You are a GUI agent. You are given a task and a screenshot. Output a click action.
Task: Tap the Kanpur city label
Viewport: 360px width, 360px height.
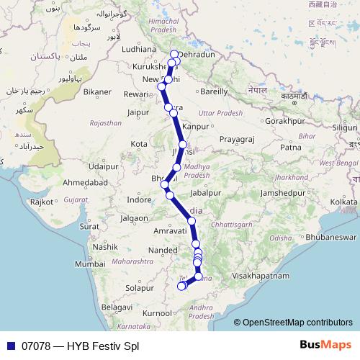pos(195,127)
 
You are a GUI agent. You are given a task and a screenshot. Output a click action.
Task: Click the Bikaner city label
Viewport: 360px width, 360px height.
pos(97,92)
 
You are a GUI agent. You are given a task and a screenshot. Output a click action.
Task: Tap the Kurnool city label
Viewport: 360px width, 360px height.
pos(158,314)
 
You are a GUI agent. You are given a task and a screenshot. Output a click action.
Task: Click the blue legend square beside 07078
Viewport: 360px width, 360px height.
pos(9,346)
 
